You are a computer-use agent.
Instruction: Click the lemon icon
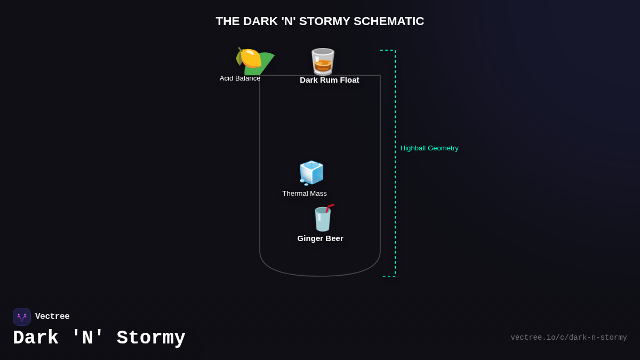[x=249, y=58]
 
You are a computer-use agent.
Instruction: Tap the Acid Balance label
[x=240, y=78]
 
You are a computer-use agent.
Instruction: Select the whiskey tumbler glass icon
[x=323, y=61]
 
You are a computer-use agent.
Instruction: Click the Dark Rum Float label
[x=329, y=80]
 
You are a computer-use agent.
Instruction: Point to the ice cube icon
[x=311, y=172]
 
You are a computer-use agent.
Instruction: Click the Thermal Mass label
[x=305, y=194]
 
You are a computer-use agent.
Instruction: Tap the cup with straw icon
[x=322, y=219]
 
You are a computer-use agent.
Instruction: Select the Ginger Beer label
[x=320, y=238]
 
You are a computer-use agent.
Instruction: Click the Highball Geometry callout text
[x=429, y=148]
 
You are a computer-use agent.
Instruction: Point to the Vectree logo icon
[x=22, y=317]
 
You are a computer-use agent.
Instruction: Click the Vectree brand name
[x=52, y=317]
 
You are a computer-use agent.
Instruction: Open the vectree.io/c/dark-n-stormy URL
[x=569, y=338]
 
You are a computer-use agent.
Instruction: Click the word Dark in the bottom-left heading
[x=36, y=338]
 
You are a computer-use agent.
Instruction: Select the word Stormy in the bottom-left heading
[x=151, y=338]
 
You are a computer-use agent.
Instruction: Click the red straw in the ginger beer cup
[x=330, y=207]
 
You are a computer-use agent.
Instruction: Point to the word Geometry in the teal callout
[x=443, y=148]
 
